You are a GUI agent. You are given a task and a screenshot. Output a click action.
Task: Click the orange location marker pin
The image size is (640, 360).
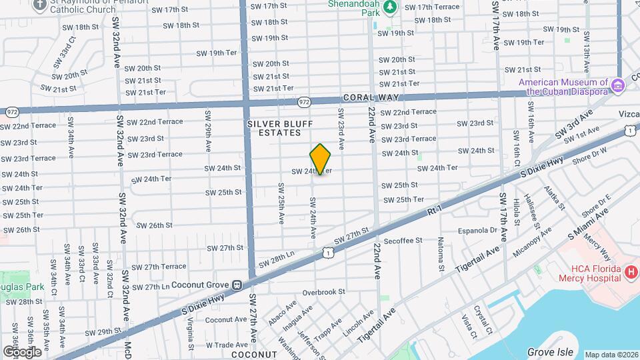pyautogui.click(x=321, y=159)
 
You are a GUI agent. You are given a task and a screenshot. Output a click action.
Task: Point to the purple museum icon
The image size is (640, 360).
pyautogui.click(x=618, y=85)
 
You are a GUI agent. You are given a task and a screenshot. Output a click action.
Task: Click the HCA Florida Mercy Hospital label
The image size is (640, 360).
pyautogui.click(x=596, y=273)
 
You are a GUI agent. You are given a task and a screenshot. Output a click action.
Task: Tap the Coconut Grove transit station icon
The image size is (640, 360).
pyautogui.click(x=237, y=285)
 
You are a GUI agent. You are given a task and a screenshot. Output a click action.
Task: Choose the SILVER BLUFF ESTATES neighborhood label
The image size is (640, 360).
pyautogui.click(x=274, y=128)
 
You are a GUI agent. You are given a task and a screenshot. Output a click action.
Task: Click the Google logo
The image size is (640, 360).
pyautogui.click(x=21, y=351)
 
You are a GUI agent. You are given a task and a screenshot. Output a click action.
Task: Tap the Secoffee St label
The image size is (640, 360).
pyautogui.click(x=403, y=240)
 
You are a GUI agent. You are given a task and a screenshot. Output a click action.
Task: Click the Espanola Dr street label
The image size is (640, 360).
pyautogui.click(x=478, y=231)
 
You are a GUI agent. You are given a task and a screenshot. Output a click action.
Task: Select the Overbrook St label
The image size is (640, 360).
pyautogui.click(x=323, y=292)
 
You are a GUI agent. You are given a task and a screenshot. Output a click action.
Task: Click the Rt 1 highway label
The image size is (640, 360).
pyautogui.click(x=435, y=211)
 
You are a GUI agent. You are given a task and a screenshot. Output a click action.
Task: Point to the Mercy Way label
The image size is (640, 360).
pyautogui.click(x=601, y=250)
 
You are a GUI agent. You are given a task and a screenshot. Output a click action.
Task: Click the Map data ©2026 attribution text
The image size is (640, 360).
pyautogui.click(x=611, y=355)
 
